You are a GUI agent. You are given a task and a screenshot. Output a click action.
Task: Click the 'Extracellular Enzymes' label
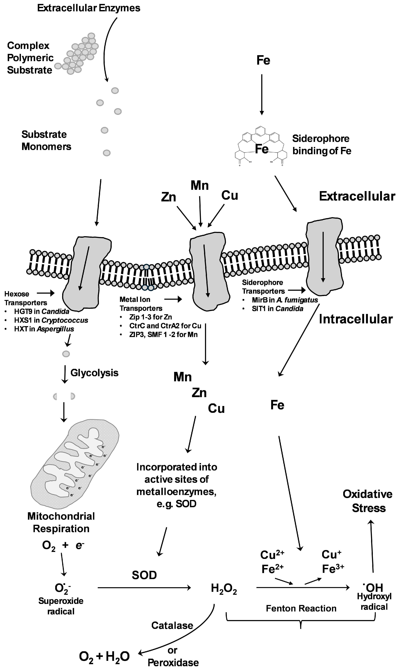click(x=89, y=8)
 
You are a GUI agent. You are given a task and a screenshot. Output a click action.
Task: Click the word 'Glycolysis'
click(x=94, y=373)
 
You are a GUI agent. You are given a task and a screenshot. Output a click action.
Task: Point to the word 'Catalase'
click(x=172, y=626)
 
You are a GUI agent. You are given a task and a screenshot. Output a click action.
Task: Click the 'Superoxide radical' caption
click(x=61, y=606)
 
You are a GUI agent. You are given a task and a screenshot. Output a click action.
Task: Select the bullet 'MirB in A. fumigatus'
click(x=285, y=300)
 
